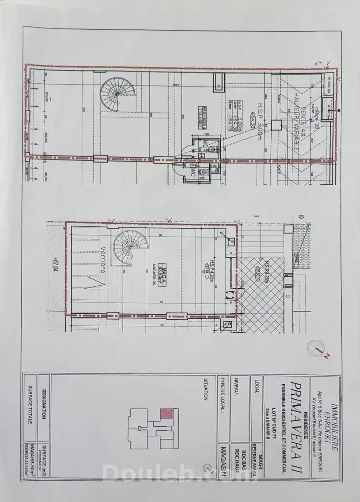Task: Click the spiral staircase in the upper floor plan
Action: pos(113,95)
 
